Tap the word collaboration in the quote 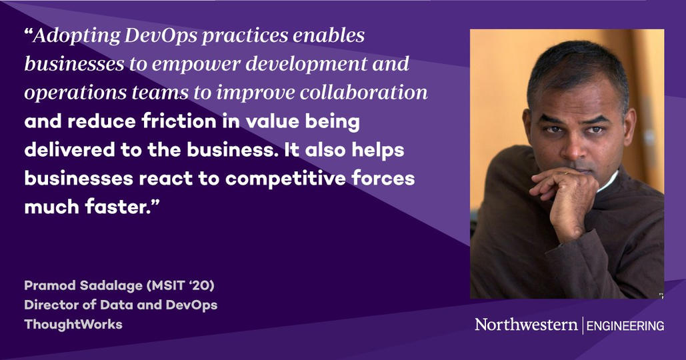click(x=363, y=92)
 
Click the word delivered click(x=70, y=149)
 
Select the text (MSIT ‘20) click(x=181, y=286)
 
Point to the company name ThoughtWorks click(x=73, y=325)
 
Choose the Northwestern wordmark click(x=526, y=325)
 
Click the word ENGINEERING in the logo click(x=625, y=326)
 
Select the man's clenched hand click(x=565, y=197)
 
